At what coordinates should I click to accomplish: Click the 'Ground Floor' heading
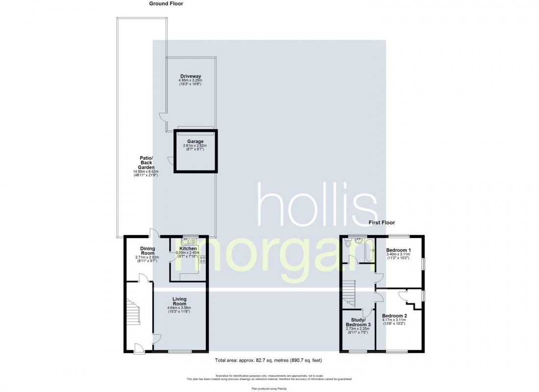point(166,3)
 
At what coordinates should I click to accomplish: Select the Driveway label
point(191,76)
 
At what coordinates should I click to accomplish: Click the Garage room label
point(196,141)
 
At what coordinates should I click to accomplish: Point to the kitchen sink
point(189,242)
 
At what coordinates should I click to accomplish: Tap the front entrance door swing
point(140,348)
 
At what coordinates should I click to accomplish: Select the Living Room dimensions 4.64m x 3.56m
point(179,308)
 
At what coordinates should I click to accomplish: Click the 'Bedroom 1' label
point(398,250)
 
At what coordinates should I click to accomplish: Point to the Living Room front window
point(176,352)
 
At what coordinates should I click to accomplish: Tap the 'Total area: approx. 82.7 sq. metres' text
point(269,361)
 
